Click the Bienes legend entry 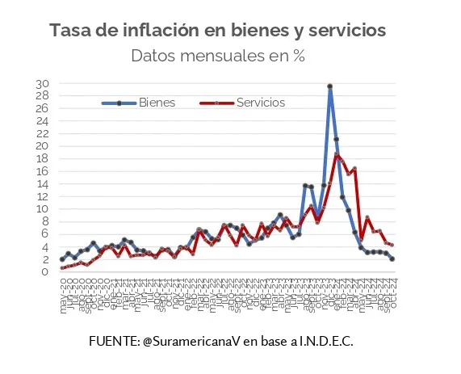point(157,103)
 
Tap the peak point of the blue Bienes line point(330,86)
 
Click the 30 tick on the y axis point(43,84)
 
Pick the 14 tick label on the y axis point(43,184)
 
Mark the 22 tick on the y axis point(43,134)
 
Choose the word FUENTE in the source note point(113,342)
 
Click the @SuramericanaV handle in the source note point(191,342)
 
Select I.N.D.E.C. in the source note point(326,342)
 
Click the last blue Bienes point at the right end point(392,259)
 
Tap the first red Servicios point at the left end point(62,268)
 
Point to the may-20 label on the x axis point(63,288)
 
